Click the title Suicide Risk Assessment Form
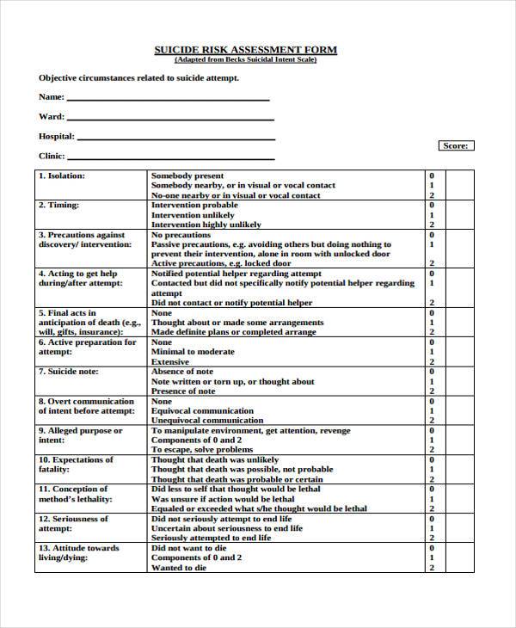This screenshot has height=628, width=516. [x=245, y=50]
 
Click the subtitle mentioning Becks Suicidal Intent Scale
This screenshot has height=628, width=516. [x=245, y=60]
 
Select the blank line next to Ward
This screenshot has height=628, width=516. [x=170, y=119]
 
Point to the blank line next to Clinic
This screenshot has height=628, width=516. [x=171, y=158]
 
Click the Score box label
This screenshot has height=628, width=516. [x=455, y=146]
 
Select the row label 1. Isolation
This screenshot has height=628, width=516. [x=62, y=175]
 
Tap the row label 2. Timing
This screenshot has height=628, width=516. [x=58, y=206]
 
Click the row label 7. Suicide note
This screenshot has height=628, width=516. [x=69, y=372]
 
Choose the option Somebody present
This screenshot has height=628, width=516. [x=187, y=175]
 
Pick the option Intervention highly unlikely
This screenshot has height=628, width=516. [x=206, y=225]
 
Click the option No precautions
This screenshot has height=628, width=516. [x=181, y=235]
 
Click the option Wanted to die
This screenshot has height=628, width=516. [x=179, y=568]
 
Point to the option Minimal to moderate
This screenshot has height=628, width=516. [x=193, y=352]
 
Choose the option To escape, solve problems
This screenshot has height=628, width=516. [x=202, y=450]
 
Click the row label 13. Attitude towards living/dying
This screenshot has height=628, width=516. [x=78, y=553]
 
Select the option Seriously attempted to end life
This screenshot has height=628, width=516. [x=211, y=539]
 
